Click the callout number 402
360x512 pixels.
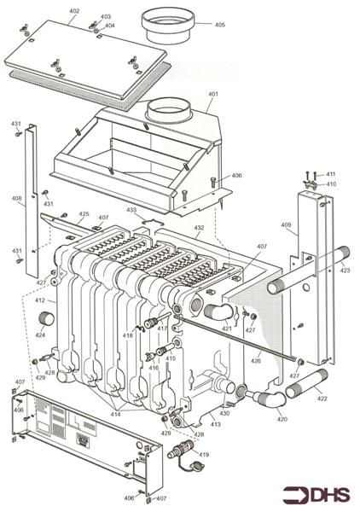(74, 11)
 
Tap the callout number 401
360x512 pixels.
(212, 94)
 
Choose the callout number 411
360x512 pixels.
(331, 174)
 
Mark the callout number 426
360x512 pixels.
(256, 361)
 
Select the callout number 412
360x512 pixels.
(39, 300)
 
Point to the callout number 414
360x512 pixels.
(115, 414)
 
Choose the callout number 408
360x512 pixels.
(16, 200)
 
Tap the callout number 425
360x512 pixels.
(84, 214)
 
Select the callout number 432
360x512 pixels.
(198, 228)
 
